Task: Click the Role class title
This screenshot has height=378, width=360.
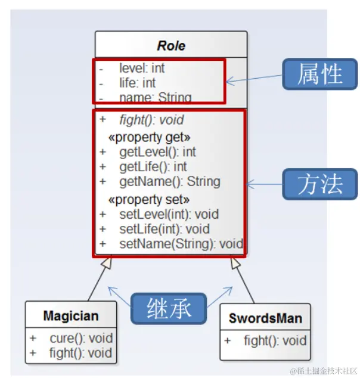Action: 171,45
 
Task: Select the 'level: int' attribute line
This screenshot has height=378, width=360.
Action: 142,68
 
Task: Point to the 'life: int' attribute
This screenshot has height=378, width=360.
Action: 137,82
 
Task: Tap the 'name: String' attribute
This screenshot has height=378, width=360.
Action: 155,97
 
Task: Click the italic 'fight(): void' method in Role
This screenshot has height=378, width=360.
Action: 151,120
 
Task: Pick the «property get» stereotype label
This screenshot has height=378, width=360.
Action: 149,137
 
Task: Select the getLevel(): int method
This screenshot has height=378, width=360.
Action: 157,152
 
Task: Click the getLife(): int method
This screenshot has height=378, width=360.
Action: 153,166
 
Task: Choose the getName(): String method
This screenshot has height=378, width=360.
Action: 169,181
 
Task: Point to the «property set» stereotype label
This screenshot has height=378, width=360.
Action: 149,199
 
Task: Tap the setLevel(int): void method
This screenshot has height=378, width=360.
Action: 169,213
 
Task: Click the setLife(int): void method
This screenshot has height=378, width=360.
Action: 164,228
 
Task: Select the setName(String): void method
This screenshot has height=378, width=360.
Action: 181,243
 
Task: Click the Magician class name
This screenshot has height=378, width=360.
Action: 71,315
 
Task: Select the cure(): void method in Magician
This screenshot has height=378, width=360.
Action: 81,338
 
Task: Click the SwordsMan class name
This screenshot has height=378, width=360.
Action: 265,318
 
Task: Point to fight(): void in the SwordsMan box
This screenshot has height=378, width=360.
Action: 275,341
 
